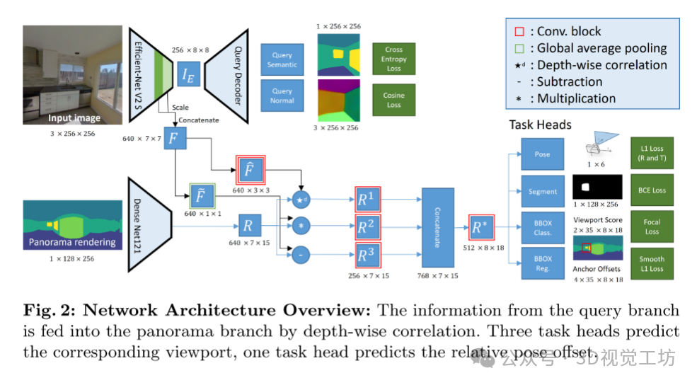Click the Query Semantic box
coord(282,60)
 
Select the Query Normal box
coord(282,96)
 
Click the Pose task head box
coord(541,154)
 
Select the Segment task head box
coord(541,191)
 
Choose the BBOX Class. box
coord(541,227)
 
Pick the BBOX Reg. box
coord(541,264)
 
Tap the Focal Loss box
coord(652,227)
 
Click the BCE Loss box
coord(652,190)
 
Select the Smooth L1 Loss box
coord(652,264)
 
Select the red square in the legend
coord(519,31)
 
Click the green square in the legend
coord(519,48)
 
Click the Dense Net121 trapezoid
coord(151,225)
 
